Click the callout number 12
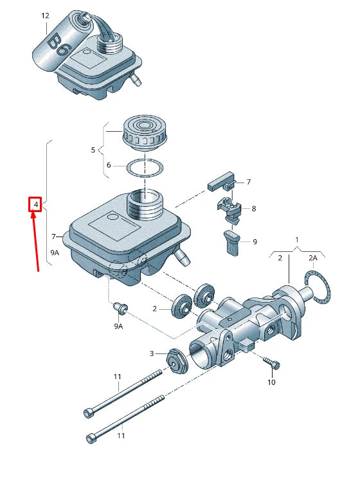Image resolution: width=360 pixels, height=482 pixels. click(44, 15)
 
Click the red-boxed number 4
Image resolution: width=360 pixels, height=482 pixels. click(37, 205)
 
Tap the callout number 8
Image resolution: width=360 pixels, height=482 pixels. click(254, 209)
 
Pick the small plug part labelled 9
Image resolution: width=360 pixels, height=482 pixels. click(232, 242)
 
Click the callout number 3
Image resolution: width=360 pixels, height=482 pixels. click(151, 353)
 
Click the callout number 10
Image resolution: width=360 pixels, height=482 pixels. click(271, 382)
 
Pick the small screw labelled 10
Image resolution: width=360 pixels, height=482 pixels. click(273, 364)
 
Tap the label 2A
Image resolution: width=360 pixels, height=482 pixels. click(313, 258)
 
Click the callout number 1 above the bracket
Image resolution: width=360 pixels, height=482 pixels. click(297, 239)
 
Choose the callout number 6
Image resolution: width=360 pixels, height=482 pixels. click(109, 165)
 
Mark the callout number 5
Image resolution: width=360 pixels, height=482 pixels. click(93, 150)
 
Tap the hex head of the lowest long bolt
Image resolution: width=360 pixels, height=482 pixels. click(91, 439)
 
